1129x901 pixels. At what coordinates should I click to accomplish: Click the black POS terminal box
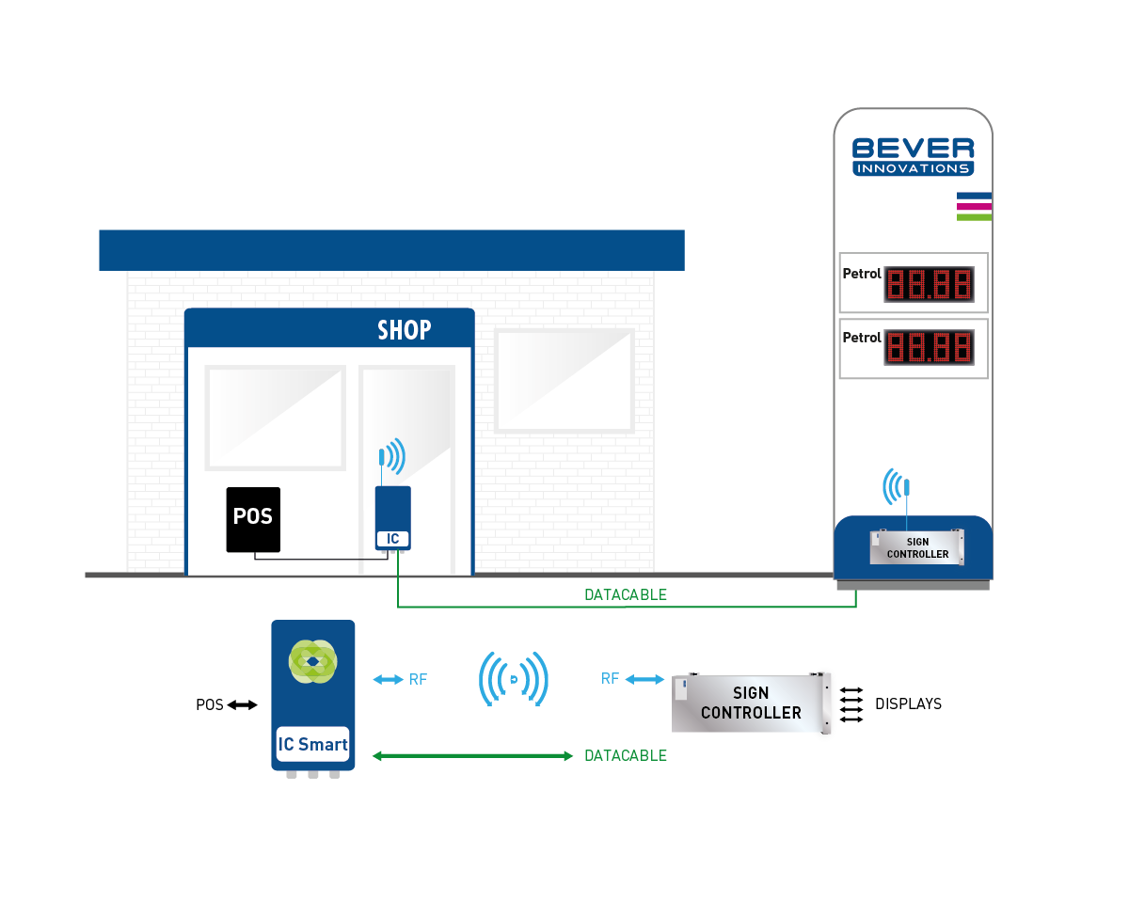tap(253, 519)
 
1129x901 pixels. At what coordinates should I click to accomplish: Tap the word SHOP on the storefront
tap(404, 330)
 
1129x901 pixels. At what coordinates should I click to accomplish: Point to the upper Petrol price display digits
tap(929, 283)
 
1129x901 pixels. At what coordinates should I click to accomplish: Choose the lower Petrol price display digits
tap(929, 347)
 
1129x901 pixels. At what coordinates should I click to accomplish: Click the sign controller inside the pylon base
tap(917, 547)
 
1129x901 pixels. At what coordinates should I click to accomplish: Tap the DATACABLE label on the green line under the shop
tap(625, 595)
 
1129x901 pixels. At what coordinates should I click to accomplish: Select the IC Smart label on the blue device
tap(312, 744)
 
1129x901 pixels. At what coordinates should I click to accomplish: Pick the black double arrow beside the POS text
tap(242, 704)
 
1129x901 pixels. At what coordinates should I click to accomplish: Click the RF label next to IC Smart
tap(418, 679)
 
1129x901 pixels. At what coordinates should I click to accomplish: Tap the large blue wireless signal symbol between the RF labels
tap(514, 678)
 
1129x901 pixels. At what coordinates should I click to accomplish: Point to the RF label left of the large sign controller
tap(610, 678)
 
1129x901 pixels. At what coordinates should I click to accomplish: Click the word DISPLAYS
tap(908, 703)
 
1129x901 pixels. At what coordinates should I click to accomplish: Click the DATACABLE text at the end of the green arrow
tap(626, 755)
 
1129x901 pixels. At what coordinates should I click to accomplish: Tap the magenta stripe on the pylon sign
tap(974, 206)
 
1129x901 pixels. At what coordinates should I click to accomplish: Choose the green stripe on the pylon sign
tap(974, 217)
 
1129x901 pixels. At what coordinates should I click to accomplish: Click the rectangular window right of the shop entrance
tap(564, 379)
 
